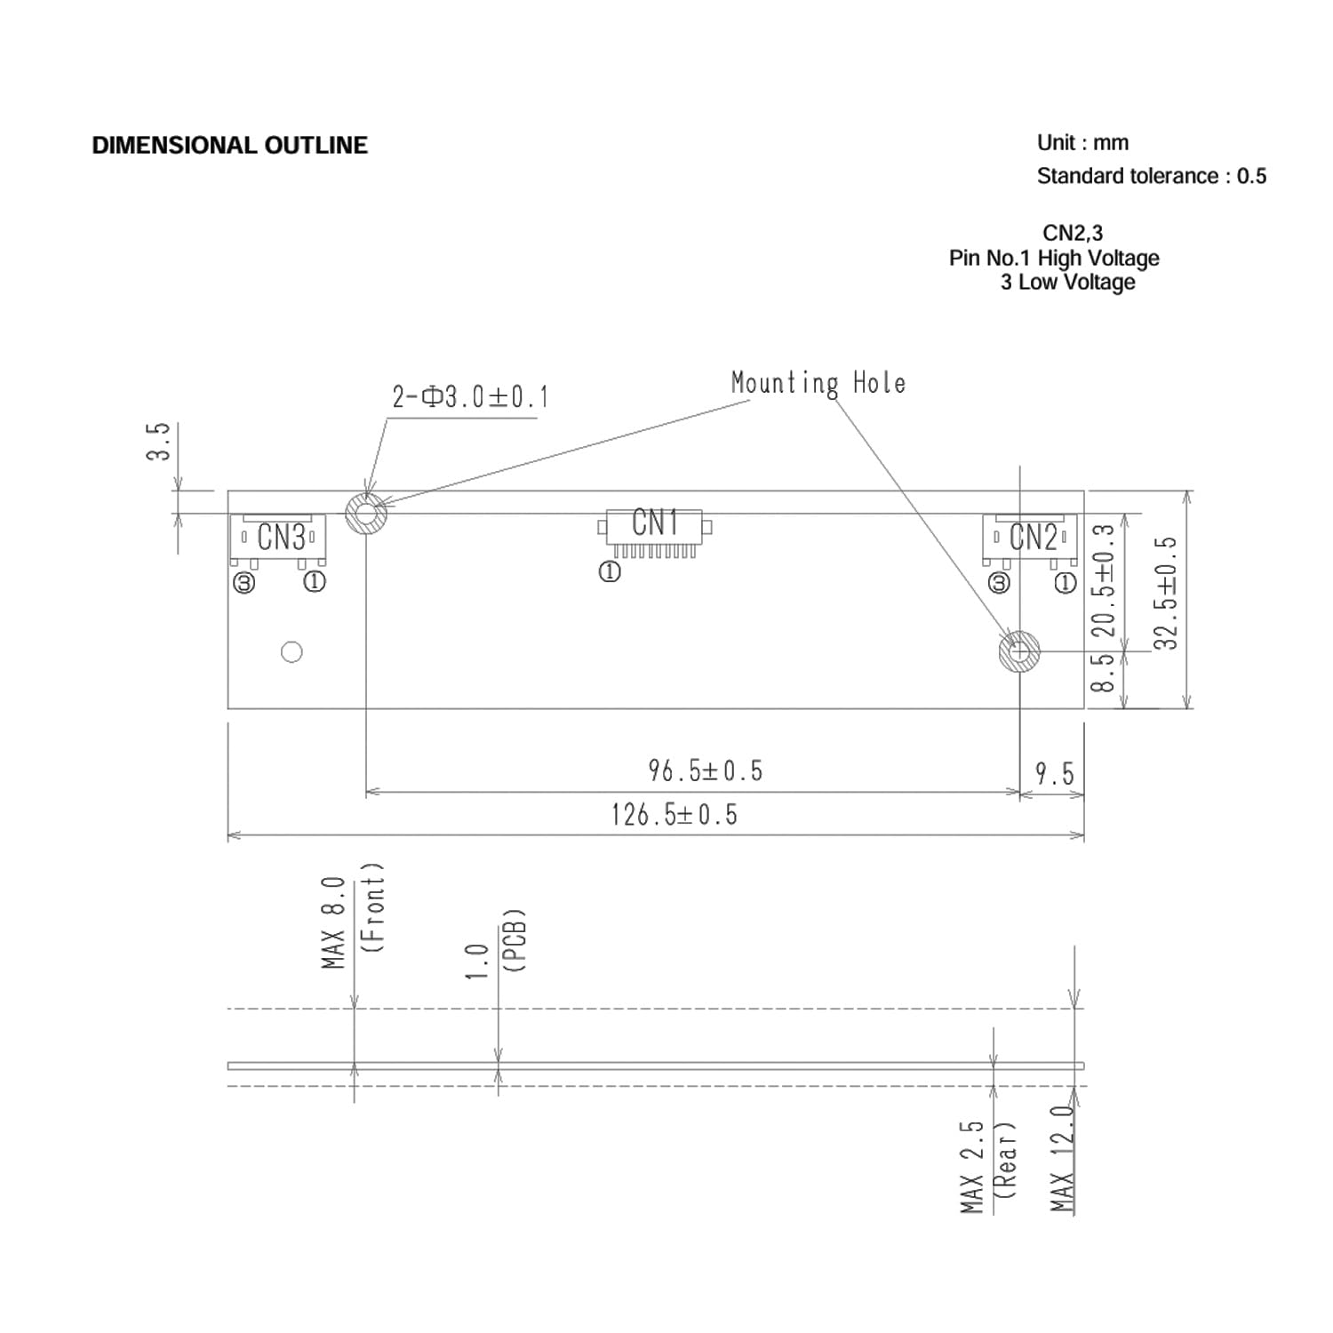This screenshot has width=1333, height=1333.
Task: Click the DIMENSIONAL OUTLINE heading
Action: click(229, 146)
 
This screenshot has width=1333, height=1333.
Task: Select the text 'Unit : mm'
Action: click(1082, 143)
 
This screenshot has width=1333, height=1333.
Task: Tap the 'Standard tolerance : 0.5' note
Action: click(1151, 176)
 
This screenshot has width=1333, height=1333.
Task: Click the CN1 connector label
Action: click(655, 523)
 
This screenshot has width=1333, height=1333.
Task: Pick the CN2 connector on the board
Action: click(1031, 539)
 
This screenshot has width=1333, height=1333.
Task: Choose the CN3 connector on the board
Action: click(279, 539)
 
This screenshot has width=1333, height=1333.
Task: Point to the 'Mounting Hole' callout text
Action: click(818, 383)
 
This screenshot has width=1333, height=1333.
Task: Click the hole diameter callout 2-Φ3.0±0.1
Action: click(470, 396)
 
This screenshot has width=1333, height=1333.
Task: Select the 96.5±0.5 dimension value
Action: click(705, 770)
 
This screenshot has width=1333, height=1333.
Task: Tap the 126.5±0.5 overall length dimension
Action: click(674, 815)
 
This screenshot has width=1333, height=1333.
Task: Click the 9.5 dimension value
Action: click(1054, 774)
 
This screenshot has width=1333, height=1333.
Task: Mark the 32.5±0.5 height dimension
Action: click(1166, 593)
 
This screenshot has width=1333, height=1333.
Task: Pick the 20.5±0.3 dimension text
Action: click(1103, 580)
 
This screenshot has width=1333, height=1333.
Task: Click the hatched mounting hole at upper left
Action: click(366, 513)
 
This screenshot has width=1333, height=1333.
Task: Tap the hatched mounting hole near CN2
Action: click(1019, 651)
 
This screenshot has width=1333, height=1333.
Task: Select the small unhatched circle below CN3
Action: click(291, 651)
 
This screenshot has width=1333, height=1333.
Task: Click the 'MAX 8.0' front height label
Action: click(333, 922)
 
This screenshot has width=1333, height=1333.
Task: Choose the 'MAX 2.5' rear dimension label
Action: click(972, 1166)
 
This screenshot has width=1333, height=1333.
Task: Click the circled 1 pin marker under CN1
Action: click(610, 573)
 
